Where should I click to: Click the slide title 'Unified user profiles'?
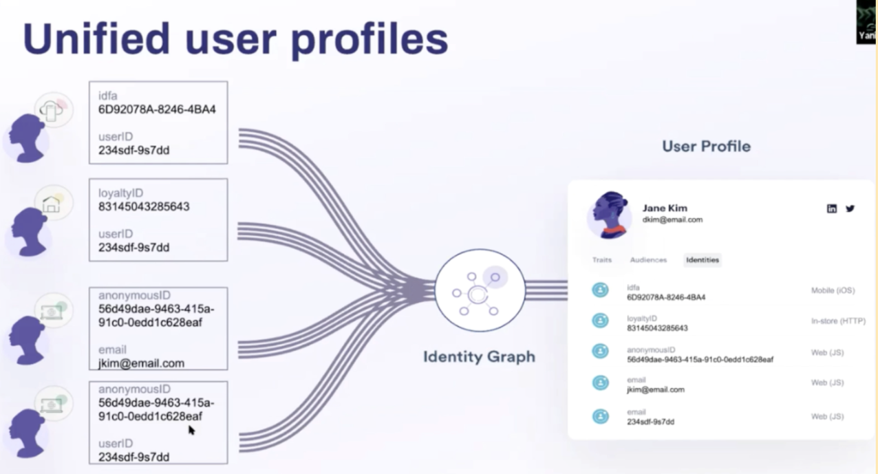pos(235,39)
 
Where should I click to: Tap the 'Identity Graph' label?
pos(479,356)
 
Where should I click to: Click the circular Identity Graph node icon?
pos(480,290)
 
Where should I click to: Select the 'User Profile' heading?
pos(706,146)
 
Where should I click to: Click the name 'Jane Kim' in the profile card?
pos(665,208)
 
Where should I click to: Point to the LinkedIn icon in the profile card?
pos(832,208)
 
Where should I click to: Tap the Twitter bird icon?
pos(850,208)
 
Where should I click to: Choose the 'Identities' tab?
pos(703,260)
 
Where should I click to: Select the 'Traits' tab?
pos(602,260)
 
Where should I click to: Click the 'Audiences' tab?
pos(648,260)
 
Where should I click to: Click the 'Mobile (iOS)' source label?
pos(833,290)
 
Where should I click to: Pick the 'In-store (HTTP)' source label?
pos(833,321)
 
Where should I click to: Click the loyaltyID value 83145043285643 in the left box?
pos(144,206)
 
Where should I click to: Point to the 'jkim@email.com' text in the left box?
pos(141,363)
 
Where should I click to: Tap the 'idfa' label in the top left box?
pos(107,96)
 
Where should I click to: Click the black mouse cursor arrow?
pos(191,430)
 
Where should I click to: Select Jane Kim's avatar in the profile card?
pos(610,215)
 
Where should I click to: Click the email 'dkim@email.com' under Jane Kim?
pos(672,220)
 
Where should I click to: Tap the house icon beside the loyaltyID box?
pos(52,204)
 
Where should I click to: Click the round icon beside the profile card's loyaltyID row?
pos(601,320)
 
